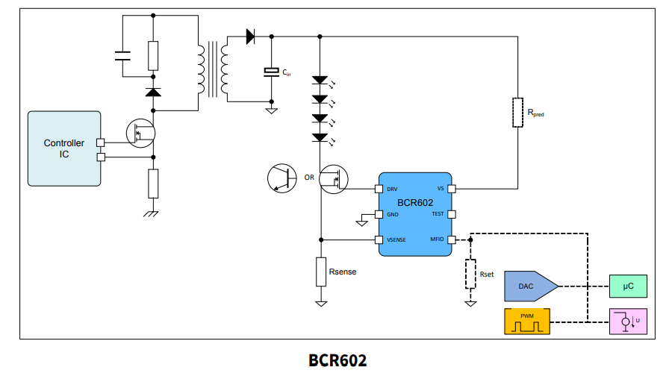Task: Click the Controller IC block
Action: (63, 148)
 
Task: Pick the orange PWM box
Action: (527, 322)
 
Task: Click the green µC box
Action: (628, 284)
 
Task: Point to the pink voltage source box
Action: (628, 322)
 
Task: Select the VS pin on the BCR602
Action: (451, 189)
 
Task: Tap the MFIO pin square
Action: (451, 239)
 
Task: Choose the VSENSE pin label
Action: (396, 239)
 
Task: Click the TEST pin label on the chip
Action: (438, 214)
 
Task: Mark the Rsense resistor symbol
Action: (321, 272)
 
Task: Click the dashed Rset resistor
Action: (470, 274)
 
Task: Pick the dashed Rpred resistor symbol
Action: (517, 113)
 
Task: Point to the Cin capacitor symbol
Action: (271, 72)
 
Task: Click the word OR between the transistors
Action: (309, 178)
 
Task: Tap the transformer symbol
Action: (212, 69)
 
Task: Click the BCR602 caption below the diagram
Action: (337, 360)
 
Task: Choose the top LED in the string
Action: (320, 80)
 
